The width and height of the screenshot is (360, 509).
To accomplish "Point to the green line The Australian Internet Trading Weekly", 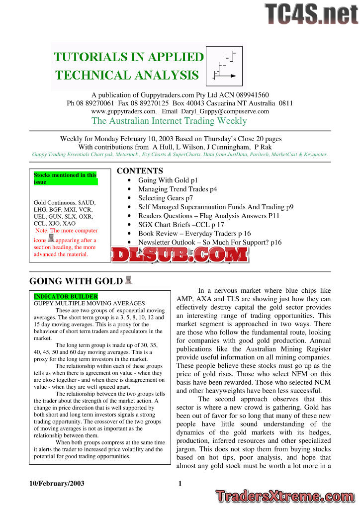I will click(169, 121).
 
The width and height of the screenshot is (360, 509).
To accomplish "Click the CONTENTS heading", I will click(140, 171).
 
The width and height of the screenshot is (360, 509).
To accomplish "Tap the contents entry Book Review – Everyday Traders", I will click(194, 234).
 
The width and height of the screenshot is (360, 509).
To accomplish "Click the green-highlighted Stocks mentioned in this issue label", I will click(65, 178).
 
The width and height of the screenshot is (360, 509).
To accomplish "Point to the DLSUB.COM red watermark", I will click(180, 255).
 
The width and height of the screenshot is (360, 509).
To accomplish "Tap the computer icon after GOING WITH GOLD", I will click(128, 280).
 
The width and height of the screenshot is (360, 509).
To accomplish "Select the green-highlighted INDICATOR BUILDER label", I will click(66, 297).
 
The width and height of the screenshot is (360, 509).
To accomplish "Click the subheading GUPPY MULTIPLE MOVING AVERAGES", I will click(89, 303).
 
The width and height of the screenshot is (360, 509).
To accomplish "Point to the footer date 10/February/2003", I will click(57, 484).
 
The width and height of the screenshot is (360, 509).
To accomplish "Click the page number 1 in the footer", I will click(180, 484).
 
